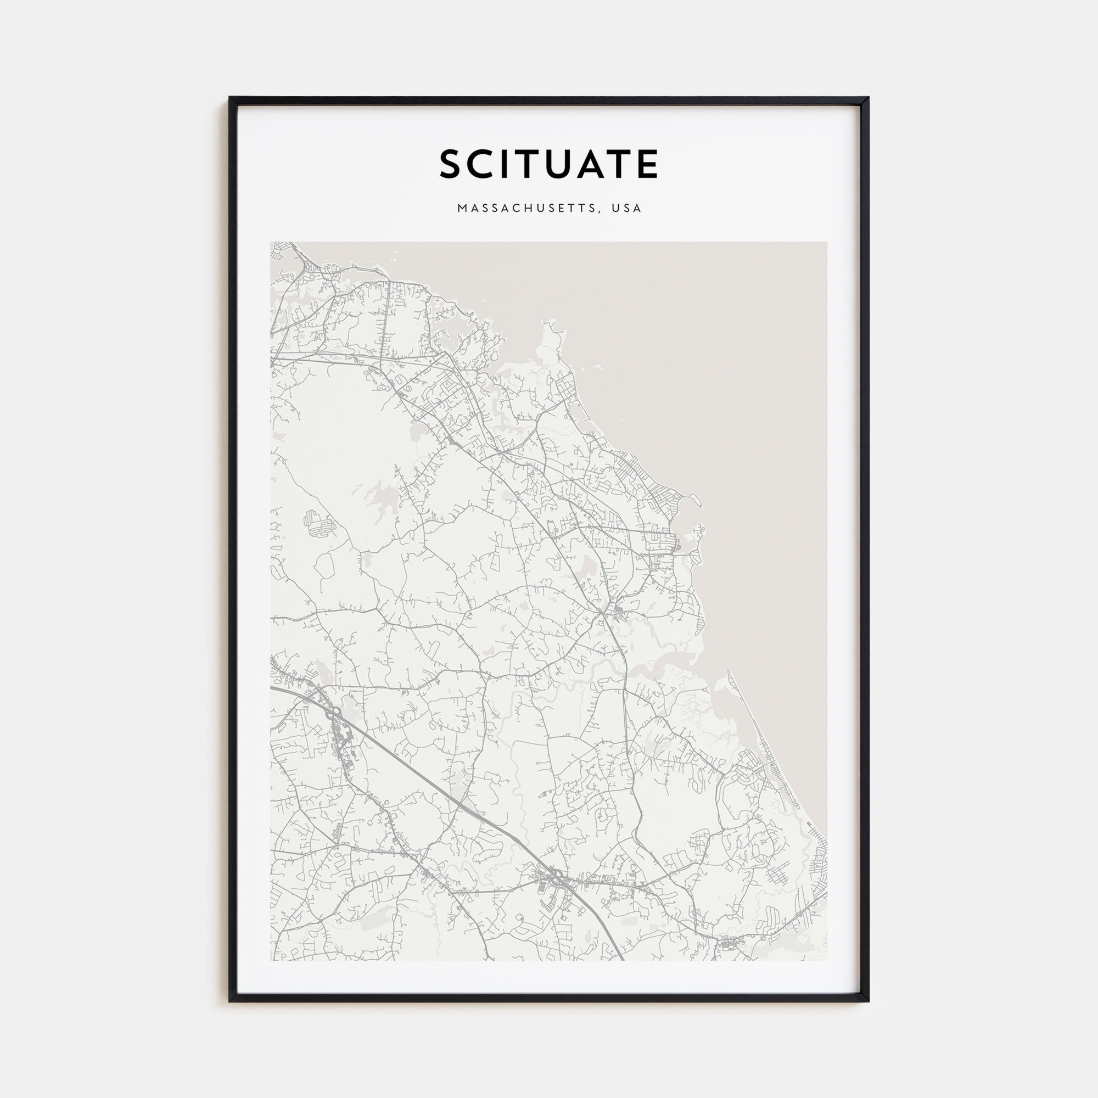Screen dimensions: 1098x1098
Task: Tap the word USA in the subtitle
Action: coord(627,209)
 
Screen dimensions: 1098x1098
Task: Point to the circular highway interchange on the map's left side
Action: coord(335,711)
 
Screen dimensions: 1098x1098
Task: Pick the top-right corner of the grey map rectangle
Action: coord(826,243)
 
